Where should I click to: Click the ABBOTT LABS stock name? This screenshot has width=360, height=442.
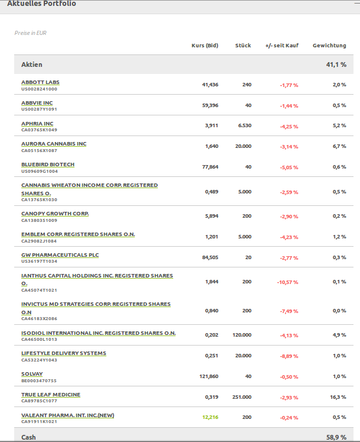tap(40, 82)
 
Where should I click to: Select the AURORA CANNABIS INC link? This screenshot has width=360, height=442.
tap(54, 144)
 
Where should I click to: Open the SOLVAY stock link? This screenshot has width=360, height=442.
tap(32, 374)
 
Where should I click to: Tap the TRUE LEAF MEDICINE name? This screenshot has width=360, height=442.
tap(51, 395)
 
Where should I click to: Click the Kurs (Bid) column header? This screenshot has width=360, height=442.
tap(205, 46)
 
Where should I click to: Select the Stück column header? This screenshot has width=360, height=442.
tap(243, 46)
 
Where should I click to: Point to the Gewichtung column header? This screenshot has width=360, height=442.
tap(329, 46)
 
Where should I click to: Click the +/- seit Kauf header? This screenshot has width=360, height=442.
tap(282, 46)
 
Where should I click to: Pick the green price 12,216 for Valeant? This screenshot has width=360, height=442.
tap(210, 417)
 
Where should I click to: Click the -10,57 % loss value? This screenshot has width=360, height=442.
tap(287, 282)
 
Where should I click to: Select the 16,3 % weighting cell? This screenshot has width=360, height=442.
tap(338, 397)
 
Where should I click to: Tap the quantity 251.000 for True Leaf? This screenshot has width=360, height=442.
tap(242, 397)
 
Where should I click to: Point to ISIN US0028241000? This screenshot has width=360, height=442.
tap(39, 89)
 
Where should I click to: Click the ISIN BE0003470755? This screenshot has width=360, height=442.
tap(39, 381)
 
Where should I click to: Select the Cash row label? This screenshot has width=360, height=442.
tap(28, 437)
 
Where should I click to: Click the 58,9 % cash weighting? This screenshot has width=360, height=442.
tap(336, 437)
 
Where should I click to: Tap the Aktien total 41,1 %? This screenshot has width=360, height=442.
tap(336, 64)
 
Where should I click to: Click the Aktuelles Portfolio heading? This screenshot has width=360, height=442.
tap(41, 4)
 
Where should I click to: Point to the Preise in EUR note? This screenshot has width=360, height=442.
tap(30, 33)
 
